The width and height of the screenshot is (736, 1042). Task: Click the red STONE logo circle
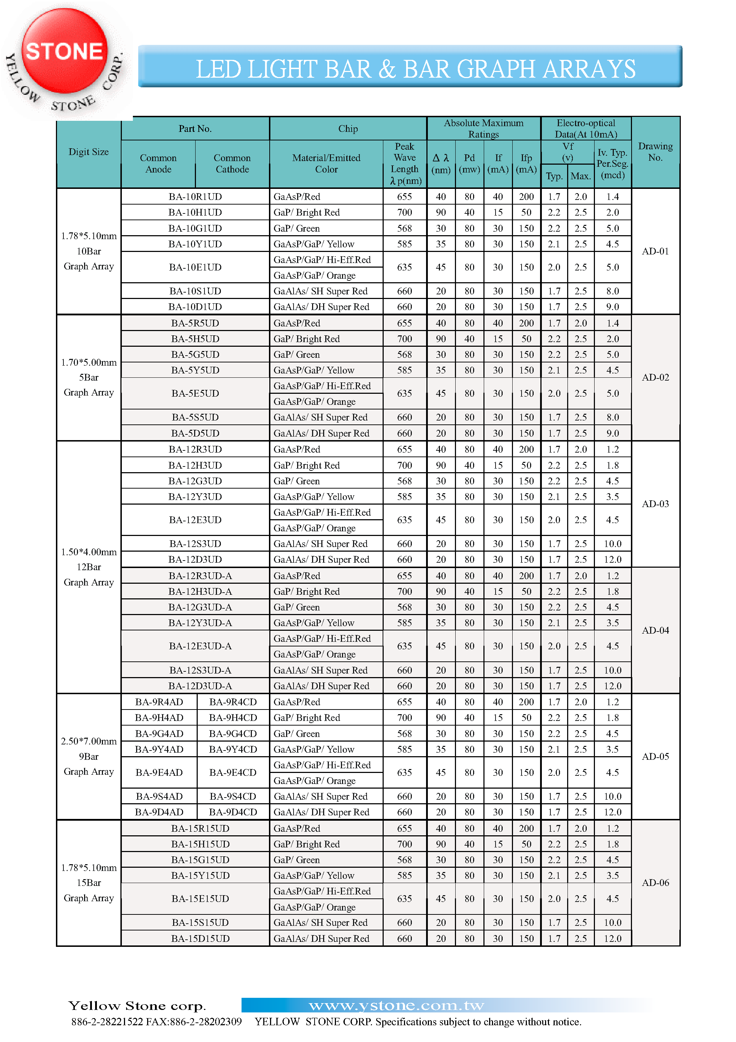[65, 51]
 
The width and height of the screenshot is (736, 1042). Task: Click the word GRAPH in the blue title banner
[496, 69]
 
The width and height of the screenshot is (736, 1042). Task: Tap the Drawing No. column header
[655, 151]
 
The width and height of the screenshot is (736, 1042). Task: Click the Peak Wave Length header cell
[404, 163]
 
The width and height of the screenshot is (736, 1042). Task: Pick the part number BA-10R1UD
[195, 196]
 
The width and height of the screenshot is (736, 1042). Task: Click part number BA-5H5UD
[195, 339]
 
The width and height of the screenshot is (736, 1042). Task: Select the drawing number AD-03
[655, 504]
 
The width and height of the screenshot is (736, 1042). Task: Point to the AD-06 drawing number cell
[655, 883]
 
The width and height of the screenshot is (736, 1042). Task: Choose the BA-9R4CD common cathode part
[233, 702]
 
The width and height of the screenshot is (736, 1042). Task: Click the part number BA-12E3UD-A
[200, 646]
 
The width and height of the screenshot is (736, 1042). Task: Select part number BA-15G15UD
[200, 860]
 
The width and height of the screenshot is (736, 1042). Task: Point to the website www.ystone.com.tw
[396, 1006]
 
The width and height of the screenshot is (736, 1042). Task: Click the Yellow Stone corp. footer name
[137, 1006]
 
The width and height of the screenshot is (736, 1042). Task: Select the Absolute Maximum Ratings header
[483, 128]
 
